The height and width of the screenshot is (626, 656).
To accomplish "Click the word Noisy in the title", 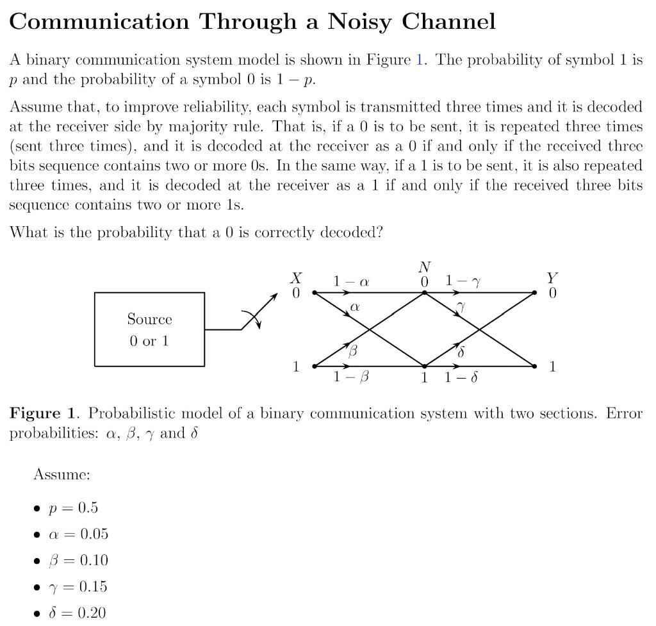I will pyautogui.click(x=359, y=22).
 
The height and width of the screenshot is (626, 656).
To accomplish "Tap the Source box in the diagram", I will pyautogui.click(x=149, y=329).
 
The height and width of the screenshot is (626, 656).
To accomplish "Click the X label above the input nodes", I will pyautogui.click(x=296, y=278).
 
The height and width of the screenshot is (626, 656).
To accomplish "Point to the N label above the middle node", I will pyautogui.click(x=424, y=267).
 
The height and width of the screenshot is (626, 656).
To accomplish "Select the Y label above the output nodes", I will pyautogui.click(x=552, y=278).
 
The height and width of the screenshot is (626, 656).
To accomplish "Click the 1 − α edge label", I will pyautogui.click(x=351, y=281).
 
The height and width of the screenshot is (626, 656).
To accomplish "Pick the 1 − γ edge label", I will pyautogui.click(x=463, y=281).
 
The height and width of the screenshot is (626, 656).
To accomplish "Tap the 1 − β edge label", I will pyautogui.click(x=351, y=377).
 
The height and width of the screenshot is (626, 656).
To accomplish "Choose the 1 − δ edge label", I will pyautogui.click(x=461, y=377).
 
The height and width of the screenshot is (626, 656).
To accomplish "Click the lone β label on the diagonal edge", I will pyautogui.click(x=352, y=350).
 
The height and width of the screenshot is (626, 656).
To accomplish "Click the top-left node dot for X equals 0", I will pyautogui.click(x=314, y=293).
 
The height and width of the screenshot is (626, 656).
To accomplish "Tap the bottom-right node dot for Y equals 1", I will pyautogui.click(x=535, y=367).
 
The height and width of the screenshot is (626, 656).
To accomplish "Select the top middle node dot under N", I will pyautogui.click(x=424, y=293).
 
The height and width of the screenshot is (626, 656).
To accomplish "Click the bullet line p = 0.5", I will pyautogui.click(x=73, y=508).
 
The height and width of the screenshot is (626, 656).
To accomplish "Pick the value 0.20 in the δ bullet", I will pyautogui.click(x=92, y=613).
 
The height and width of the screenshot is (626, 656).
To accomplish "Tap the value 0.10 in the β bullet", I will pyautogui.click(x=94, y=561).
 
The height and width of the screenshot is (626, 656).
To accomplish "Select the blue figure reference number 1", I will pyautogui.click(x=420, y=60).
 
